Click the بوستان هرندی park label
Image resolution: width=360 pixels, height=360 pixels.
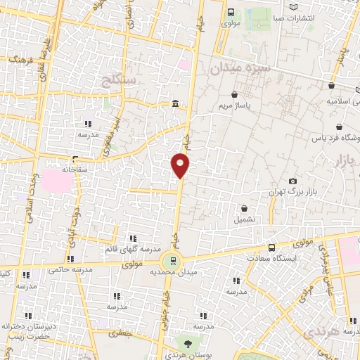pos(189,355)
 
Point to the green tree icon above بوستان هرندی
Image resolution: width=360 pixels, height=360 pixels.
pos(188,343)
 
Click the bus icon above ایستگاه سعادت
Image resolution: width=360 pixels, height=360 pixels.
pos(272,247)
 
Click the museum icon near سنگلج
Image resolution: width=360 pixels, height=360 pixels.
pos(174,105)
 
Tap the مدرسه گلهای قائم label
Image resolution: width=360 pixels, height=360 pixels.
pos(131,250)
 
